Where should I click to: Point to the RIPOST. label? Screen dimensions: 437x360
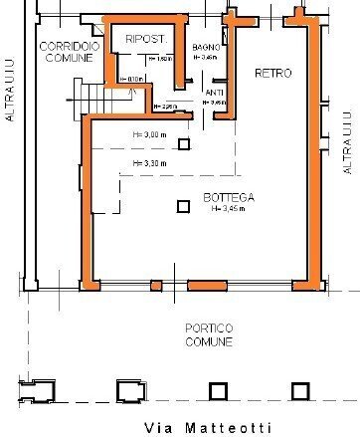click(x=144, y=38)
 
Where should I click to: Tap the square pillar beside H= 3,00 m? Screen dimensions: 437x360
click(x=183, y=144)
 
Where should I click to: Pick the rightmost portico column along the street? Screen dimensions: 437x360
click(x=297, y=390)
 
